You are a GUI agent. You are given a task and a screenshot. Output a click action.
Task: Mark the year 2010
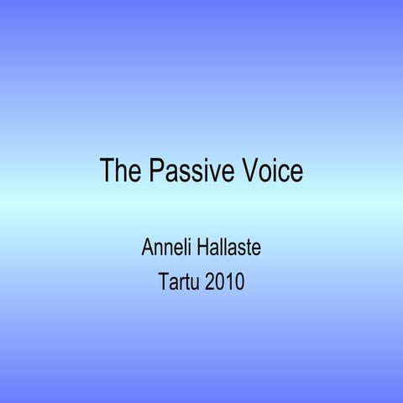pyautogui.click(x=224, y=281)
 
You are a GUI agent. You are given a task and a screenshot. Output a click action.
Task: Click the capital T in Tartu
pyautogui.click(x=163, y=281)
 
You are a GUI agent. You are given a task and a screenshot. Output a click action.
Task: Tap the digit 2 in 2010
pyautogui.click(x=210, y=281)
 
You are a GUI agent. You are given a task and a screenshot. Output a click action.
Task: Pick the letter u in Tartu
pyautogui.click(x=196, y=283)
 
